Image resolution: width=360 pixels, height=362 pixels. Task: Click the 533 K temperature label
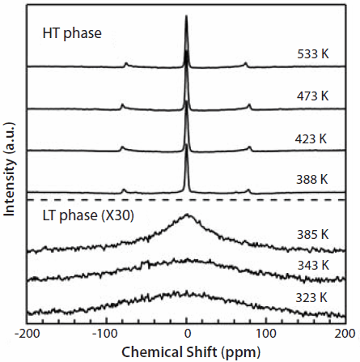coord(313,56)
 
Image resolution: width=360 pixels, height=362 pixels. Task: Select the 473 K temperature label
coord(313,96)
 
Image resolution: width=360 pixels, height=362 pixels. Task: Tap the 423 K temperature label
coord(311,138)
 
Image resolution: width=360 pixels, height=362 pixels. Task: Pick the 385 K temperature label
coord(312,234)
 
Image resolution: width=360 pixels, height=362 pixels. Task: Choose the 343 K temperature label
coord(312,265)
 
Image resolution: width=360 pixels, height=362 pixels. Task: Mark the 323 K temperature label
coord(312,296)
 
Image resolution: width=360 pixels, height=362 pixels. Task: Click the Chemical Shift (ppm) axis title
coord(187,352)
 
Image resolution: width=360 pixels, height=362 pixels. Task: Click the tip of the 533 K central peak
coord(187,19)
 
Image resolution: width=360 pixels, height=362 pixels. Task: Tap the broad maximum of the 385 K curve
coord(187,215)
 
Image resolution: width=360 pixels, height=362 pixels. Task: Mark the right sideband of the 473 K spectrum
coord(249,105)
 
